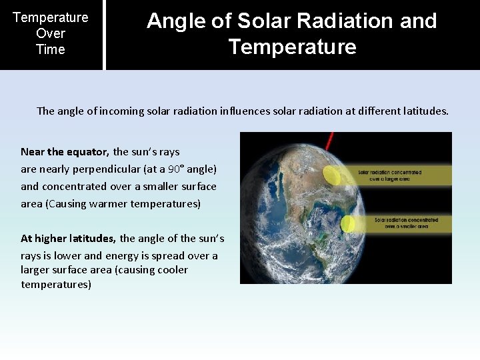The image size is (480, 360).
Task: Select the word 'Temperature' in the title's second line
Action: pyautogui.click(x=292, y=47)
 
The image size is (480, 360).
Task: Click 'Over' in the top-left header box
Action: pyautogui.click(x=51, y=33)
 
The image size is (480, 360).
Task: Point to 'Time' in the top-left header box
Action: pyautogui.click(x=51, y=49)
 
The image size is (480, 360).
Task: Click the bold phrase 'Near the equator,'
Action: pyautogui.click(x=65, y=151)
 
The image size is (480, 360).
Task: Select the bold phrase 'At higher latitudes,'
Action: pyautogui.click(x=69, y=238)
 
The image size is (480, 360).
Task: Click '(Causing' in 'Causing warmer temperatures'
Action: pyautogui.click(x=65, y=203)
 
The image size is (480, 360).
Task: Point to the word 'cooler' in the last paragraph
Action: pyautogui.click(x=172, y=270)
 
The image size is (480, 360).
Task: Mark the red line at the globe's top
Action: pyautogui.click(x=329, y=141)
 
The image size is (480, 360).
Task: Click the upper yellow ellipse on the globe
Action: pyautogui.click(x=331, y=174)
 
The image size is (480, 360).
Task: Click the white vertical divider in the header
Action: pyautogui.click(x=104, y=35)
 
